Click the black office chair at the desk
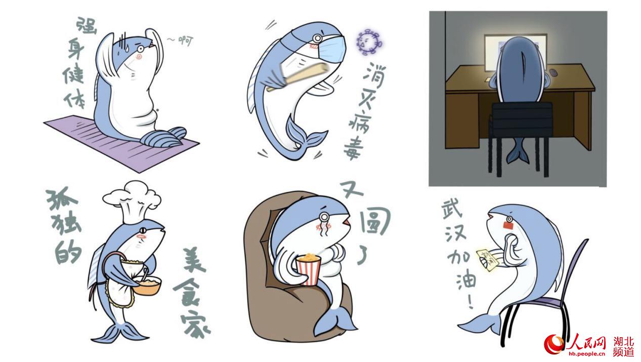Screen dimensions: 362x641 521,122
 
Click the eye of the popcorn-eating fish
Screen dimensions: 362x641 323,219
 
